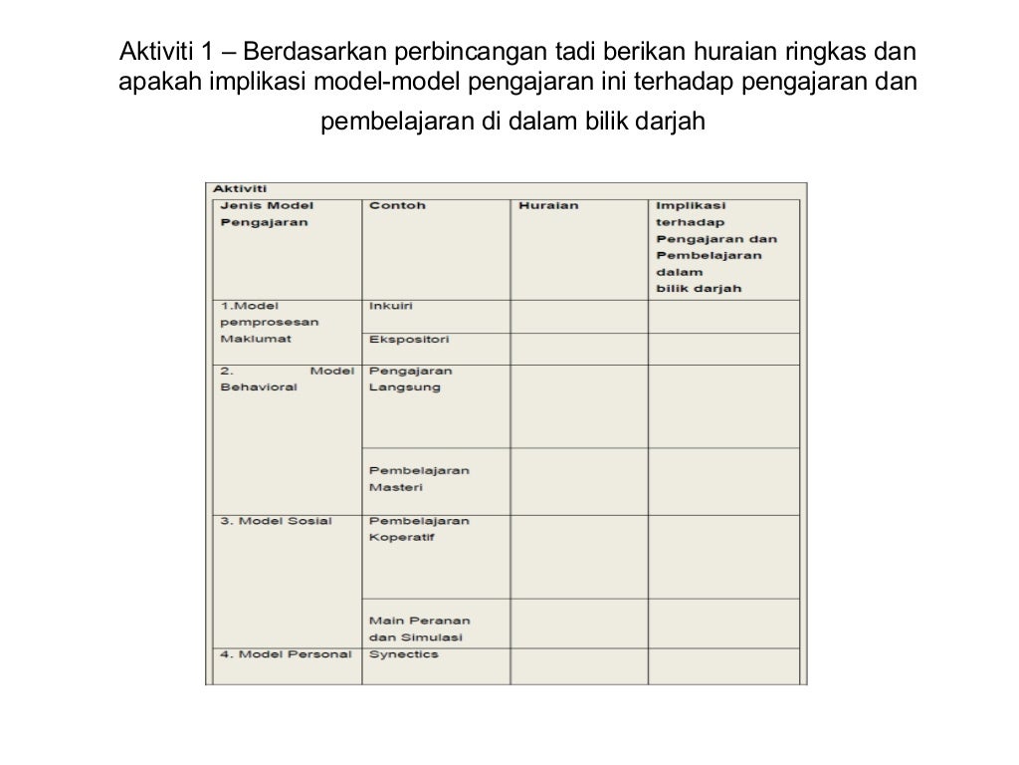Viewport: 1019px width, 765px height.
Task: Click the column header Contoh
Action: pyautogui.click(x=397, y=206)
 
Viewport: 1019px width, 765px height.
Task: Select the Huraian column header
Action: pyautogui.click(x=548, y=206)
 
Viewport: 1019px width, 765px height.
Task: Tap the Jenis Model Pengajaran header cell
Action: pyautogui.click(x=265, y=214)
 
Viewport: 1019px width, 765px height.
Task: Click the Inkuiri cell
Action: pyautogui.click(x=391, y=306)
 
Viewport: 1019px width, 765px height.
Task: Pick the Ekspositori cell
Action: pyautogui.click(x=409, y=339)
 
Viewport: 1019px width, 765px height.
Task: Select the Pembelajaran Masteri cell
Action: pyautogui.click(x=419, y=479)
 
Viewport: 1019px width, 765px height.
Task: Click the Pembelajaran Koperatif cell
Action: pyautogui.click(x=419, y=529)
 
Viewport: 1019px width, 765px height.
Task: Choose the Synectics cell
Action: pyautogui.click(x=403, y=654)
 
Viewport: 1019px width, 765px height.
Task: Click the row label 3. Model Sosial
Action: pyautogui.click(x=276, y=521)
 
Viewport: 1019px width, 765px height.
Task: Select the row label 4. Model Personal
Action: pyautogui.click(x=285, y=654)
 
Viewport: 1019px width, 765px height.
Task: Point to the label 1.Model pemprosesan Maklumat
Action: pyautogui.click(x=263, y=322)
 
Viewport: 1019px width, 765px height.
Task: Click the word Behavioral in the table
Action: pyautogui.click(x=258, y=386)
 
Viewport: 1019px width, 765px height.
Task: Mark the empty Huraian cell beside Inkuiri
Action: pyautogui.click(x=578, y=316)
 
